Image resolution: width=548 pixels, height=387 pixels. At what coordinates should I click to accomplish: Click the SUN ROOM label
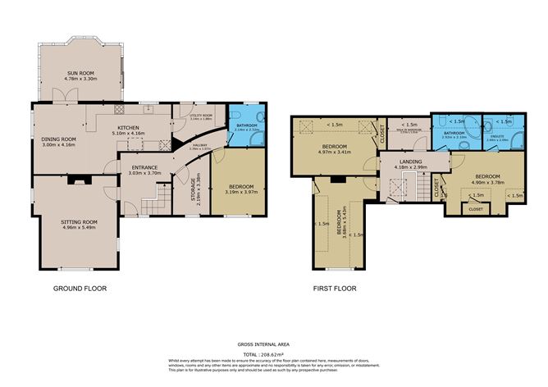(81, 72)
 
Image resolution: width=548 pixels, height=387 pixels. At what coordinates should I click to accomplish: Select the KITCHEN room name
(130, 128)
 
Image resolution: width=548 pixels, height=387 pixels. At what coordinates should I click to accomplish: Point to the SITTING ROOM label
(79, 221)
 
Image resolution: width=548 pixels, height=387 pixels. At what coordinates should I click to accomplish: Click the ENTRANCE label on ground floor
(144, 167)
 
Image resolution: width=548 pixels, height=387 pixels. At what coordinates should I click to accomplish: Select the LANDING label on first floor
(410, 162)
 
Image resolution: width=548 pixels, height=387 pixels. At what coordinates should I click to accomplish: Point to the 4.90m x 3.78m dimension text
(487, 184)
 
